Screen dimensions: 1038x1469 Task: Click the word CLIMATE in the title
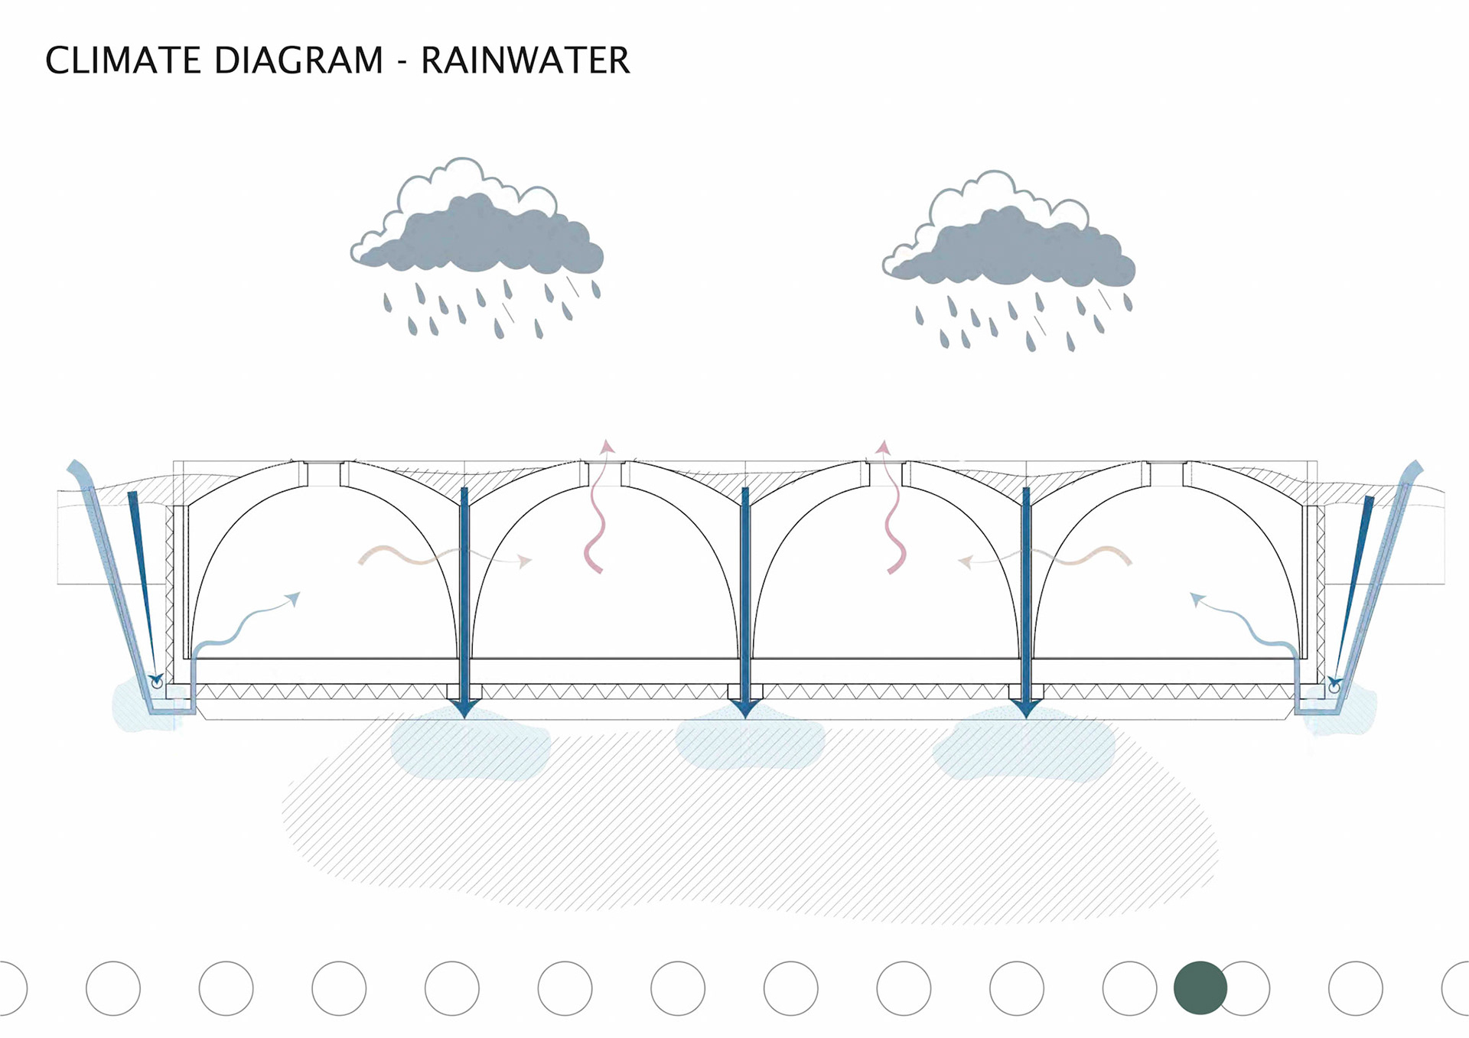[x=123, y=60]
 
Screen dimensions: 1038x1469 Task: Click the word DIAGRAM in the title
[x=298, y=60]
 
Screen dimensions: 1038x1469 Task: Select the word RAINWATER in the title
[x=526, y=60]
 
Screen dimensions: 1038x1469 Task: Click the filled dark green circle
[x=1200, y=988]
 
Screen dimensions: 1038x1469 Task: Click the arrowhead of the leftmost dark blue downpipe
[x=464, y=708]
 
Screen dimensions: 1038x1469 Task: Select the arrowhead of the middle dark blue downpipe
[x=745, y=708]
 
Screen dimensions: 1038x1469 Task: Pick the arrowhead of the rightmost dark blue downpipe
[x=1026, y=708]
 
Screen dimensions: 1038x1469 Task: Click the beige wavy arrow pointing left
[x=1044, y=557]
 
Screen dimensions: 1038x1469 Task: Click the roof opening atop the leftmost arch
[x=324, y=473]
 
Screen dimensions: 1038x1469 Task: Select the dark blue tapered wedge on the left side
[x=144, y=581]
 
